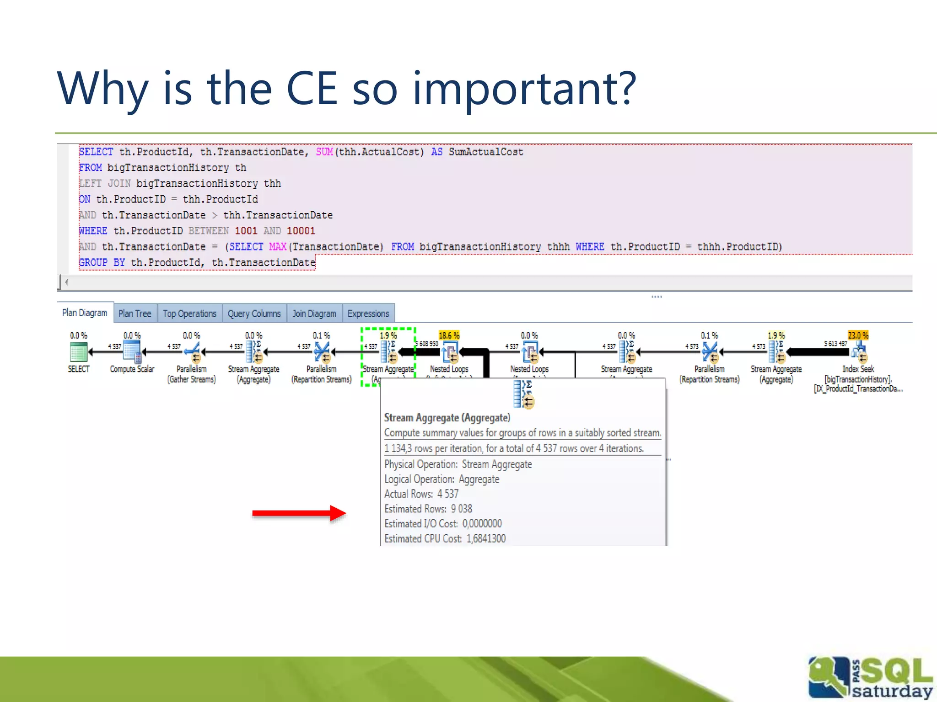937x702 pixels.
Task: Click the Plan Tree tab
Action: point(135,314)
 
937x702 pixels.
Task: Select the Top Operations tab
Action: point(189,314)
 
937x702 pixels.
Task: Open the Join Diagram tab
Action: point(314,314)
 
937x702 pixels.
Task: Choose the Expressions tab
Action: point(368,314)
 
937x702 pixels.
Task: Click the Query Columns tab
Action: point(254,314)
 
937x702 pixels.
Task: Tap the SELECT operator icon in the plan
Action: point(79,352)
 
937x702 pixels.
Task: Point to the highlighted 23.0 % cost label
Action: point(858,335)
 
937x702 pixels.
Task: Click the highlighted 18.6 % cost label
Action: point(449,335)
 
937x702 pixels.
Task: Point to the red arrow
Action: point(299,513)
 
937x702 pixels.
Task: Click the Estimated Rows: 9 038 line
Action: point(428,509)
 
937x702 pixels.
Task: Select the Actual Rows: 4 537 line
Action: point(421,494)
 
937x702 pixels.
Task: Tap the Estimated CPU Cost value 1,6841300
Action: point(486,538)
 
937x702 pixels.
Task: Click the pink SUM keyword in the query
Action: point(324,152)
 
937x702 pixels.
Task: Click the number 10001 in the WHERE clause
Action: point(301,231)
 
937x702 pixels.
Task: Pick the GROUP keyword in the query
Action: point(93,262)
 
